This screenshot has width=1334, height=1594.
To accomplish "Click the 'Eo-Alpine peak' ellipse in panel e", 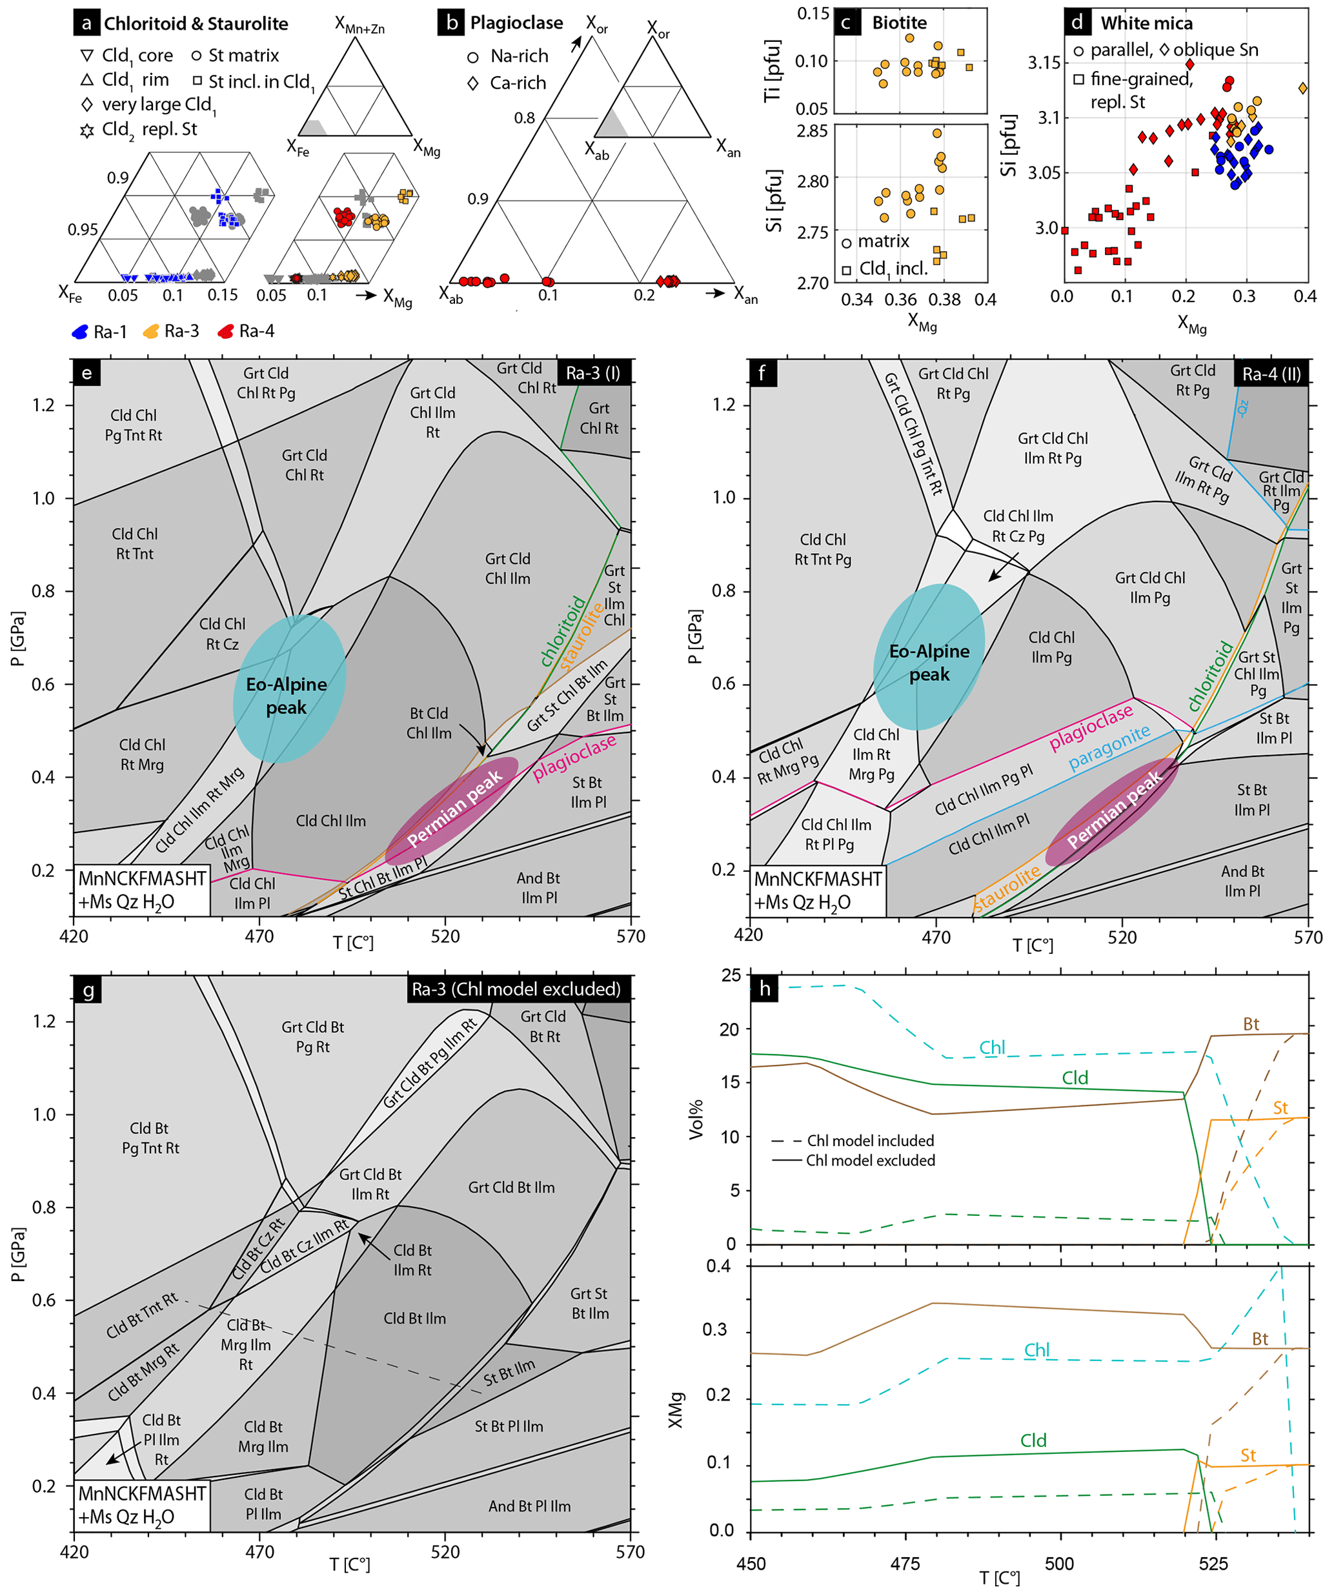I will pos(288,689).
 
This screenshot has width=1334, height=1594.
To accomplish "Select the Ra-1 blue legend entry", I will pos(98,332).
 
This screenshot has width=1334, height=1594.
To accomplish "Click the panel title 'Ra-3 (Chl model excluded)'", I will pos(516,989).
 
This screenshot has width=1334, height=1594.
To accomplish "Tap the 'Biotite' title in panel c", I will pos(899,23).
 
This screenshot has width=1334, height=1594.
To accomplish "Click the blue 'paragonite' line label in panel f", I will pos(1109,748).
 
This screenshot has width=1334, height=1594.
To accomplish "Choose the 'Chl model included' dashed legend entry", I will pos(853,1141).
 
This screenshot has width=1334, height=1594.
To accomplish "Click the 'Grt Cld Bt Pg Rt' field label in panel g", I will pos(313,1037).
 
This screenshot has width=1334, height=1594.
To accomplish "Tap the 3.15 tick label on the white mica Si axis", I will pos(1044,62).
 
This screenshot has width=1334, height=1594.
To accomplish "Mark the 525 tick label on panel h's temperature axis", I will pos(1213,1564).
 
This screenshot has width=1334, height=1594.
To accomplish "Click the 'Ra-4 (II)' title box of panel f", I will pos(1271,374).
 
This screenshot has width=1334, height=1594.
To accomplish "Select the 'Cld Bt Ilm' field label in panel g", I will pos(414,1318).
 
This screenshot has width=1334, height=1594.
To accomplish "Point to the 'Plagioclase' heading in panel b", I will pos(516,23).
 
